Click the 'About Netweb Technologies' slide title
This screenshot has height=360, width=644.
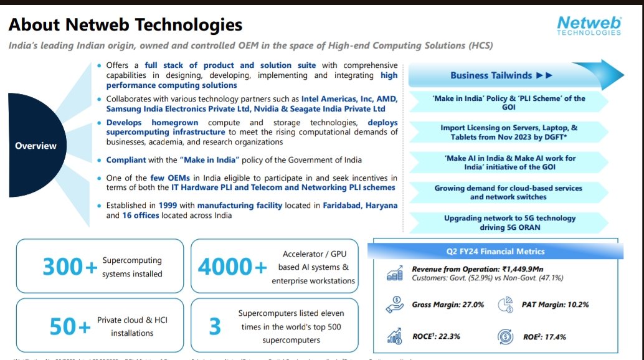[x=125, y=25]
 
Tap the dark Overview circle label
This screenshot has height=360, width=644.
[x=36, y=146]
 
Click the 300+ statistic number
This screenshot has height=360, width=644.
[x=70, y=267]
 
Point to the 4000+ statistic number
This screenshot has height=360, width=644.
[x=232, y=267]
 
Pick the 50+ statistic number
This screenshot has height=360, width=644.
[x=70, y=326]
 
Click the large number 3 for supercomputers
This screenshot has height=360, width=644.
[x=214, y=326]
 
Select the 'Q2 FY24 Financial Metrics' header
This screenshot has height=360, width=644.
[x=495, y=252]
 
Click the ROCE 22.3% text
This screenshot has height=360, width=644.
[x=436, y=336]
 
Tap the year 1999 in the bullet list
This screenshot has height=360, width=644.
[x=169, y=206]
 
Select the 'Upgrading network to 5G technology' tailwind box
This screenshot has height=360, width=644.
[x=509, y=222]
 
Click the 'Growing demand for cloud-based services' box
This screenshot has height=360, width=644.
[x=508, y=192]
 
